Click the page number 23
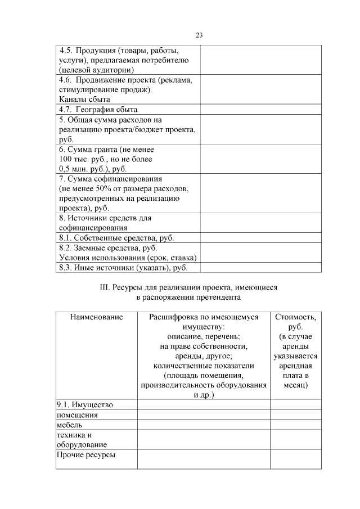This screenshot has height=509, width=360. (199, 35)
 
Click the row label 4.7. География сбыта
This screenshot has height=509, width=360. (98, 110)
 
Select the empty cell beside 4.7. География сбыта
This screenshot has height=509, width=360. (260, 110)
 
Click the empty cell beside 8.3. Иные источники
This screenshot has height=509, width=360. (260, 268)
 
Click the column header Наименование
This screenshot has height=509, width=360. (96, 317)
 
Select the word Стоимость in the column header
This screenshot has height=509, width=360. (295, 317)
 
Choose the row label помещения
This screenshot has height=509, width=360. (77, 415)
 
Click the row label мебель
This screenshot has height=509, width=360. (69, 425)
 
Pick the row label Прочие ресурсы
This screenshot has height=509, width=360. (86, 454)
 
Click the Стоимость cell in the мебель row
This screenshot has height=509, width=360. (295, 425)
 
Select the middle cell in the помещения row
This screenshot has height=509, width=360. (204, 415)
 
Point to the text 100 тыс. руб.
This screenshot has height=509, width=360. (80, 159)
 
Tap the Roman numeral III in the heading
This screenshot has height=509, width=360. (103, 287)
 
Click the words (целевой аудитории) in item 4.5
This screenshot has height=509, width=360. (96, 70)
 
